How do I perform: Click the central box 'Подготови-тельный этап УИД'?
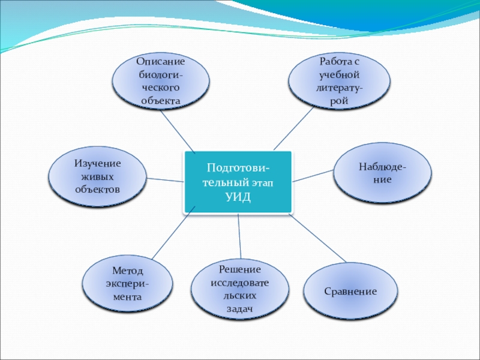(238, 182)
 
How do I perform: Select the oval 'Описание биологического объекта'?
(161, 82)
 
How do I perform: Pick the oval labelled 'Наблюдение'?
(382, 172)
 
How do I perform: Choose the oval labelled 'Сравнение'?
(350, 291)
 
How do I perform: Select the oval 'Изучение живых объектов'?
(97, 176)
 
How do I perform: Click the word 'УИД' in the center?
(238, 197)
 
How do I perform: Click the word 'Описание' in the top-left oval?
(160, 62)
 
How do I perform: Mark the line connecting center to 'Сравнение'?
(319, 239)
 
